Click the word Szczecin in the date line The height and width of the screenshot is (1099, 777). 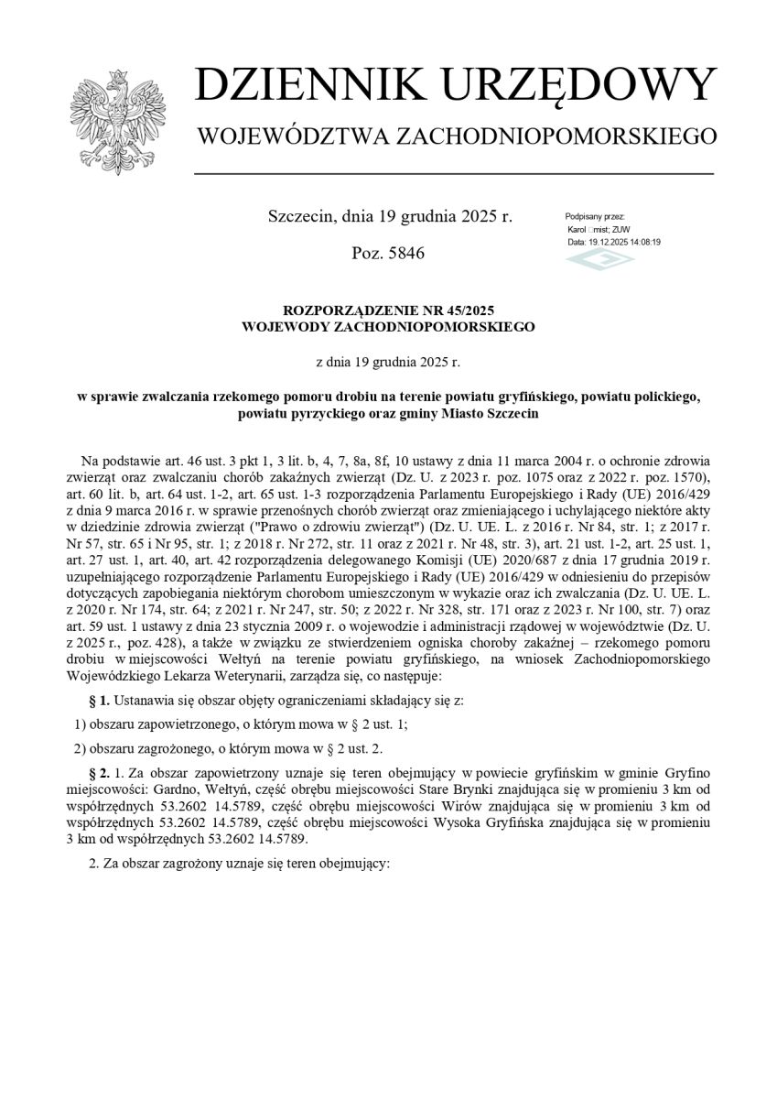(x=299, y=217)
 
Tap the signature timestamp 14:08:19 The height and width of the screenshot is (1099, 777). (x=642, y=242)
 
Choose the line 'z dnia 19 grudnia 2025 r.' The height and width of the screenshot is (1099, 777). (x=388, y=363)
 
